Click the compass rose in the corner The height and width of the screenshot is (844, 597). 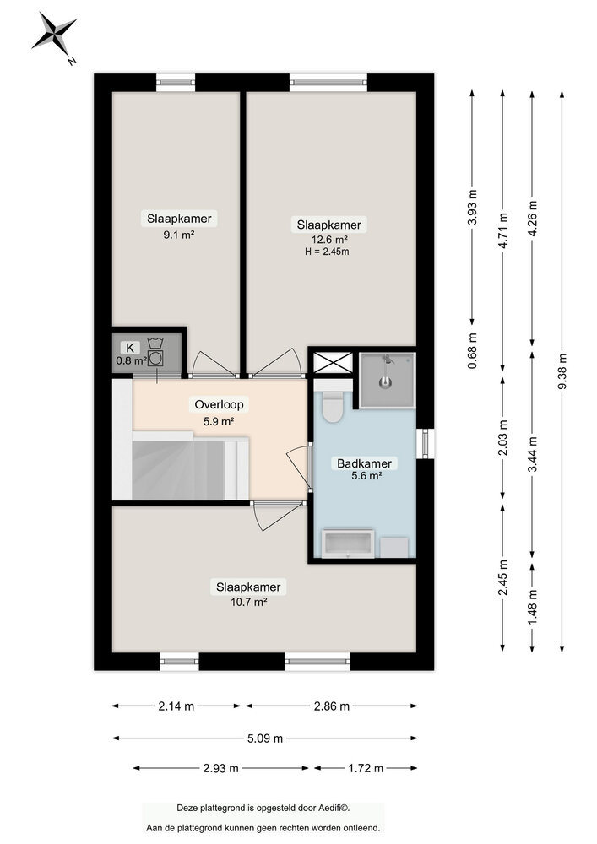click(x=54, y=36)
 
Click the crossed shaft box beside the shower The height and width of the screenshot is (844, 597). click(x=326, y=362)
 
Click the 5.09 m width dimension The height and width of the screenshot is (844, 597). click(x=264, y=738)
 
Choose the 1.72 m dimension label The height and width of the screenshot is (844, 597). click(x=366, y=768)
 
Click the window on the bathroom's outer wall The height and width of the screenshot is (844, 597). click(x=426, y=443)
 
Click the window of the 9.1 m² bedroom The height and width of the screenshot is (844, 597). click(x=176, y=82)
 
